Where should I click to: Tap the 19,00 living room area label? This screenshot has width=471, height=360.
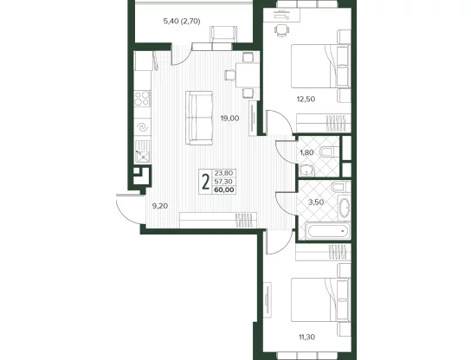point(229,119)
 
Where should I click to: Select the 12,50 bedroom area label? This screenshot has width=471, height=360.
point(306,99)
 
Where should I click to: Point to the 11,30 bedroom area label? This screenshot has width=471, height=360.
point(306,337)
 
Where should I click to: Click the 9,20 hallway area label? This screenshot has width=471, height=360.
point(160,206)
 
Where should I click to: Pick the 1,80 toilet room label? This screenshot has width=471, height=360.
point(306,152)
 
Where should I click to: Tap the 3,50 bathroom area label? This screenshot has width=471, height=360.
point(316,202)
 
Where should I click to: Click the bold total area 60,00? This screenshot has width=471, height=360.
point(224,190)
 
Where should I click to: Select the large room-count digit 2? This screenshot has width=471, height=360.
point(205,182)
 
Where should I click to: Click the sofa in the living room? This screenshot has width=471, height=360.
point(199,119)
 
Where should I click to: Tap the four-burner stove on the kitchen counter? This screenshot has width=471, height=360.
point(142,98)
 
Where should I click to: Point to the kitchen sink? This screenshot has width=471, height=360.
point(142,152)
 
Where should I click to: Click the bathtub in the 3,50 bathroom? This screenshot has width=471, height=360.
point(328,231)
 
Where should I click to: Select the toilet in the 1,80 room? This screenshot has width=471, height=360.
point(329,151)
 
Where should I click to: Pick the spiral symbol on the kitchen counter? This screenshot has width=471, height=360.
point(142,127)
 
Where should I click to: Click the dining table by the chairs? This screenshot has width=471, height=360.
point(248,74)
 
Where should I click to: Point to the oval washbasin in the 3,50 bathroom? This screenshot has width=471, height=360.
point(345,208)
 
